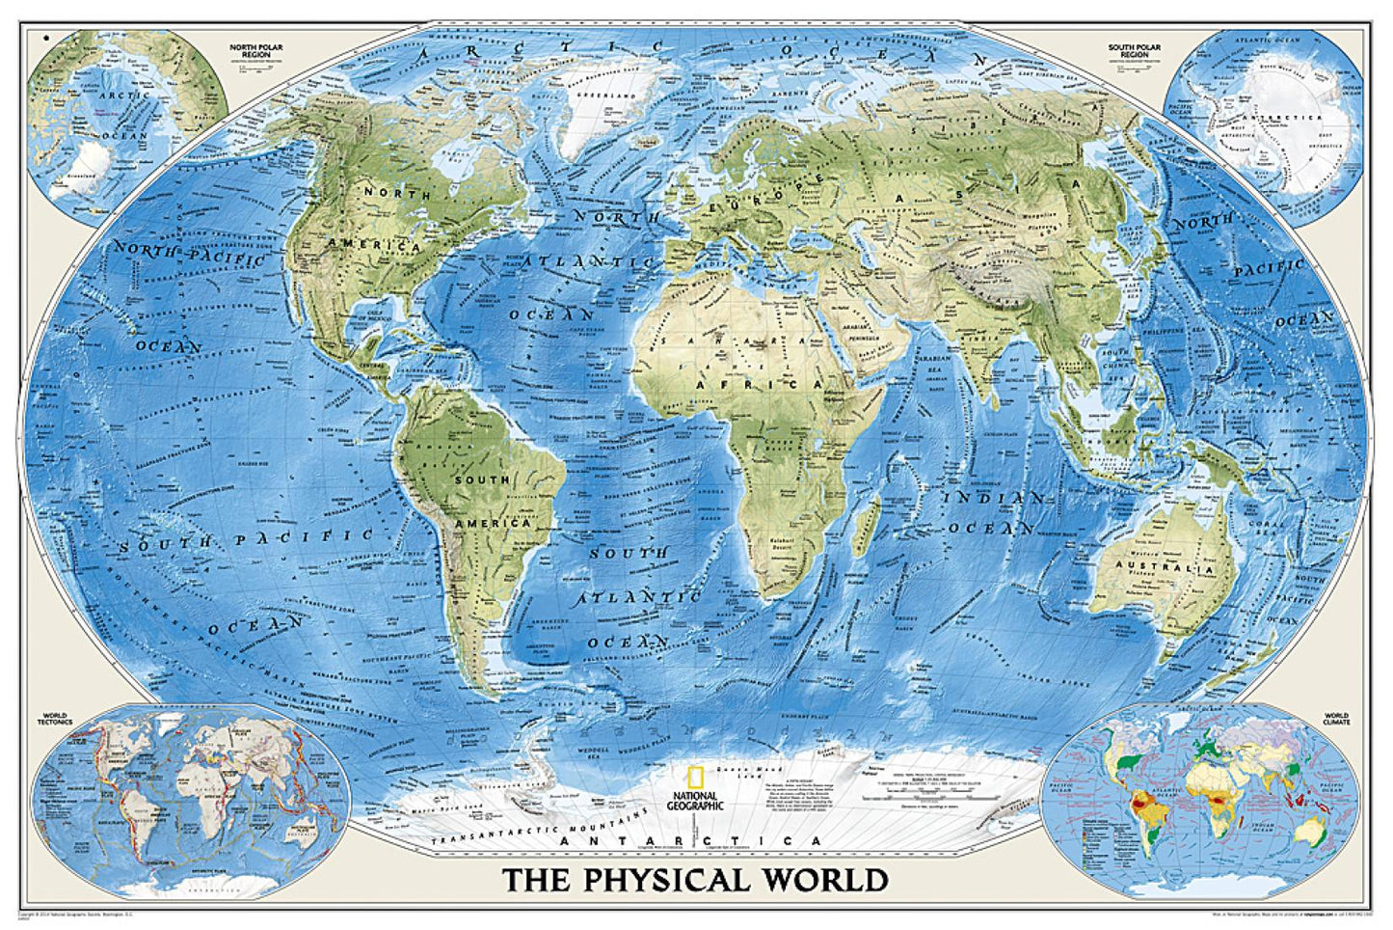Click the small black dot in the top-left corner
click(45, 39)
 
